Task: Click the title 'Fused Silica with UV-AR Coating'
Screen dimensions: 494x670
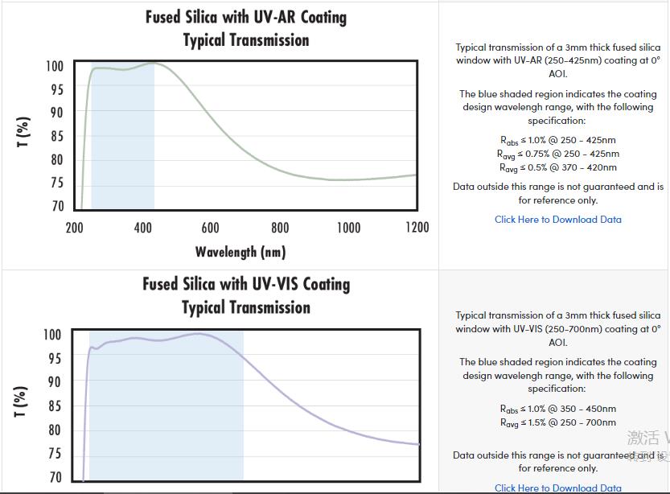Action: pos(246,17)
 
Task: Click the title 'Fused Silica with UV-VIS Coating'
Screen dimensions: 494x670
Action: pos(246,284)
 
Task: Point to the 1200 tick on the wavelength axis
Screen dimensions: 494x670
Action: pos(416,228)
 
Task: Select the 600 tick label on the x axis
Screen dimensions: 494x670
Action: pos(210,228)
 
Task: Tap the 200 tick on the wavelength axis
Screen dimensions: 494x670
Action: pos(74,228)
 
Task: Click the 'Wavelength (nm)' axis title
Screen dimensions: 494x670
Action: pos(240,252)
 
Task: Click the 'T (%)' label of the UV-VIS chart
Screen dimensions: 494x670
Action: pos(22,401)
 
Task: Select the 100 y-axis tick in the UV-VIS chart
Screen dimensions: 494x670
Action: pos(51,335)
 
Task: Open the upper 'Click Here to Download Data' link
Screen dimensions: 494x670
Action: pos(558,219)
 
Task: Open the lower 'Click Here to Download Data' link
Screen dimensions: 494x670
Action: pos(558,488)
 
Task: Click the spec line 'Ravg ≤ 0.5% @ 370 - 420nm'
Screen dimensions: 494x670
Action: pos(558,167)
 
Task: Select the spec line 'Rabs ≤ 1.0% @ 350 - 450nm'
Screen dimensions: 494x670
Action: pos(558,409)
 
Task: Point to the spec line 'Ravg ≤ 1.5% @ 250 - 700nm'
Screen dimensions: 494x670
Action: pos(558,422)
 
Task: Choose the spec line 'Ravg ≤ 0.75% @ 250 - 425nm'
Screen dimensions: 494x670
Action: pos(558,154)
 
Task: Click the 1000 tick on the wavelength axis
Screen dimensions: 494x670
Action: pos(348,228)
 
